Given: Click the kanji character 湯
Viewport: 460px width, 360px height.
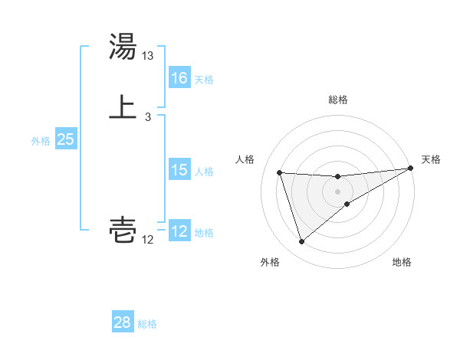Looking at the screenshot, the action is [123, 47].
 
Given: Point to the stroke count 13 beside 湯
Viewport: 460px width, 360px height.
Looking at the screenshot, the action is [148, 56].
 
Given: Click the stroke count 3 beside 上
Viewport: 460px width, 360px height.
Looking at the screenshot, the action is [148, 116].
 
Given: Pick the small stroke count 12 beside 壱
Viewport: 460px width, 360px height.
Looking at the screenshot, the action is [148, 239].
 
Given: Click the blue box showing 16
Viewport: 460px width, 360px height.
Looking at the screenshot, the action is [179, 78].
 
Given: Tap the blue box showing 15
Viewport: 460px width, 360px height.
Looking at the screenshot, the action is [179, 170].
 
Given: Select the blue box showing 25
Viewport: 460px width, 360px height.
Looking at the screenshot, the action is [66, 139].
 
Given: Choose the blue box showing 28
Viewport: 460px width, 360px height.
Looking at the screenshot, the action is [123, 322].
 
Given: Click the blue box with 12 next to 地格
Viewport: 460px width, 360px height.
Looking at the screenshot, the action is [179, 231].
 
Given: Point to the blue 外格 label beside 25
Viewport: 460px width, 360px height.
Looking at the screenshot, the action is [40, 141].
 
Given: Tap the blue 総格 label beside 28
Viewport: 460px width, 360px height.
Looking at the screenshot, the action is [147, 324].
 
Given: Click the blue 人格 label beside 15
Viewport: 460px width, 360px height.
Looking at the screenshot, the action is [204, 172].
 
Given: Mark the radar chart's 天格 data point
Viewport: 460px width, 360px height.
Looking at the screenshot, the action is [410, 169].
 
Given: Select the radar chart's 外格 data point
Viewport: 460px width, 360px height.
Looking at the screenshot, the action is [301, 242].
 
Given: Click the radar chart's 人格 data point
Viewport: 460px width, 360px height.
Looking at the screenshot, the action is [280, 172].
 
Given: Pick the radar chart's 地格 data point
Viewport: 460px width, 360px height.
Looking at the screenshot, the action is [347, 203].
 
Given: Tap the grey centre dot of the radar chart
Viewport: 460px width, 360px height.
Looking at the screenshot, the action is [337, 191].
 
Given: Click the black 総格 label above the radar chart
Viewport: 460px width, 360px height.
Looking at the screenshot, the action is [338, 100].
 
